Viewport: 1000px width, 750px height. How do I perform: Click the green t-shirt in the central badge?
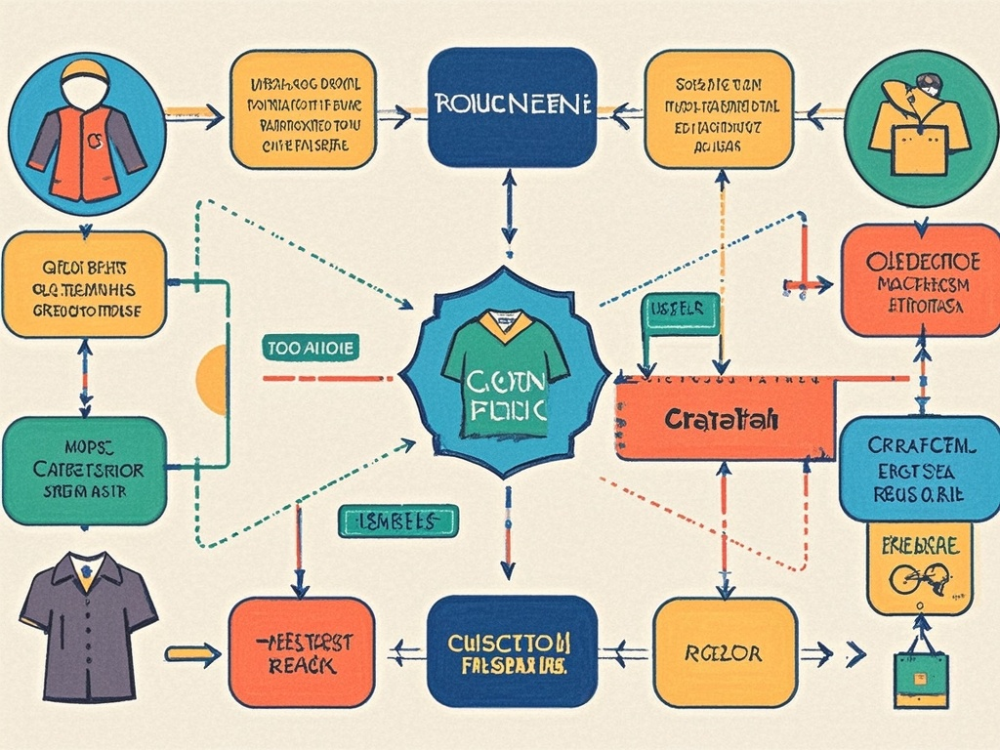click(504, 371)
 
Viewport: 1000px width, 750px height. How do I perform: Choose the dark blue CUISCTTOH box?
click(512, 651)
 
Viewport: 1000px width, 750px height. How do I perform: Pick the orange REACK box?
click(301, 651)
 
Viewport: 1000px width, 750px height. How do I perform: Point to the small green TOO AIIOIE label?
click(311, 346)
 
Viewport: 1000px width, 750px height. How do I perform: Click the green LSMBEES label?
click(396, 521)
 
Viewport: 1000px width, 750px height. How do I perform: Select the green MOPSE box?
click(84, 471)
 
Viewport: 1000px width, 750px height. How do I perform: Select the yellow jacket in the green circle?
click(918, 127)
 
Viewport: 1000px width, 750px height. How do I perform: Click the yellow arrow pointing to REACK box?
click(192, 652)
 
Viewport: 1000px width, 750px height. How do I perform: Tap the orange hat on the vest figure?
click(85, 72)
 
